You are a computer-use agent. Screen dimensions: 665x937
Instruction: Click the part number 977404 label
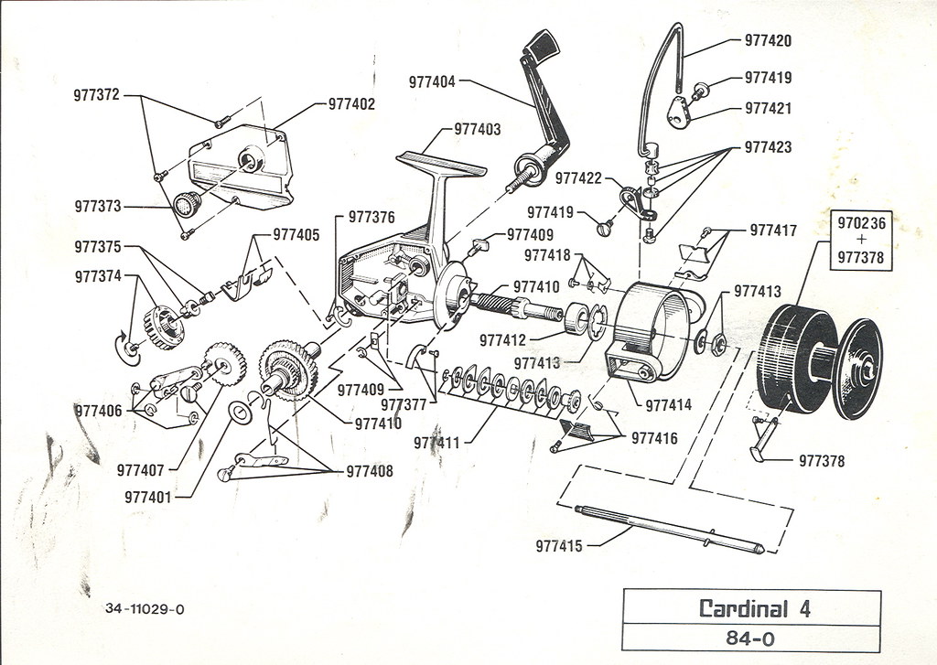pos(432,80)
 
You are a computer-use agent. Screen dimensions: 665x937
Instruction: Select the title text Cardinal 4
pos(754,607)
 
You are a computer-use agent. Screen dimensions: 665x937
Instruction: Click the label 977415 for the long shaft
pos(559,546)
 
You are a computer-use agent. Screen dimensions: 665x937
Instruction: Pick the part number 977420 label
pos(768,41)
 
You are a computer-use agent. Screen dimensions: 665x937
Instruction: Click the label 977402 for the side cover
pos(351,104)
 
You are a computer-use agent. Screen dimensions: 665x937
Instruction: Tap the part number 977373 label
pos(98,208)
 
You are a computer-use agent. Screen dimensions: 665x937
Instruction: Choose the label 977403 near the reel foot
pos(478,130)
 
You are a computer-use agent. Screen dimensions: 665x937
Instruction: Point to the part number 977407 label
pos(140,471)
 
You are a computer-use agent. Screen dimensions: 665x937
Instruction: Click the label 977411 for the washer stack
pos(436,444)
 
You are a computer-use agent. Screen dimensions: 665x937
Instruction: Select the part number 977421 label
pos(768,108)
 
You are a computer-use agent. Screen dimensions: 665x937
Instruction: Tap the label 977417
pos(773,231)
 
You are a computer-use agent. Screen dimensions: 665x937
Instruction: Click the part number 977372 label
pos(96,94)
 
